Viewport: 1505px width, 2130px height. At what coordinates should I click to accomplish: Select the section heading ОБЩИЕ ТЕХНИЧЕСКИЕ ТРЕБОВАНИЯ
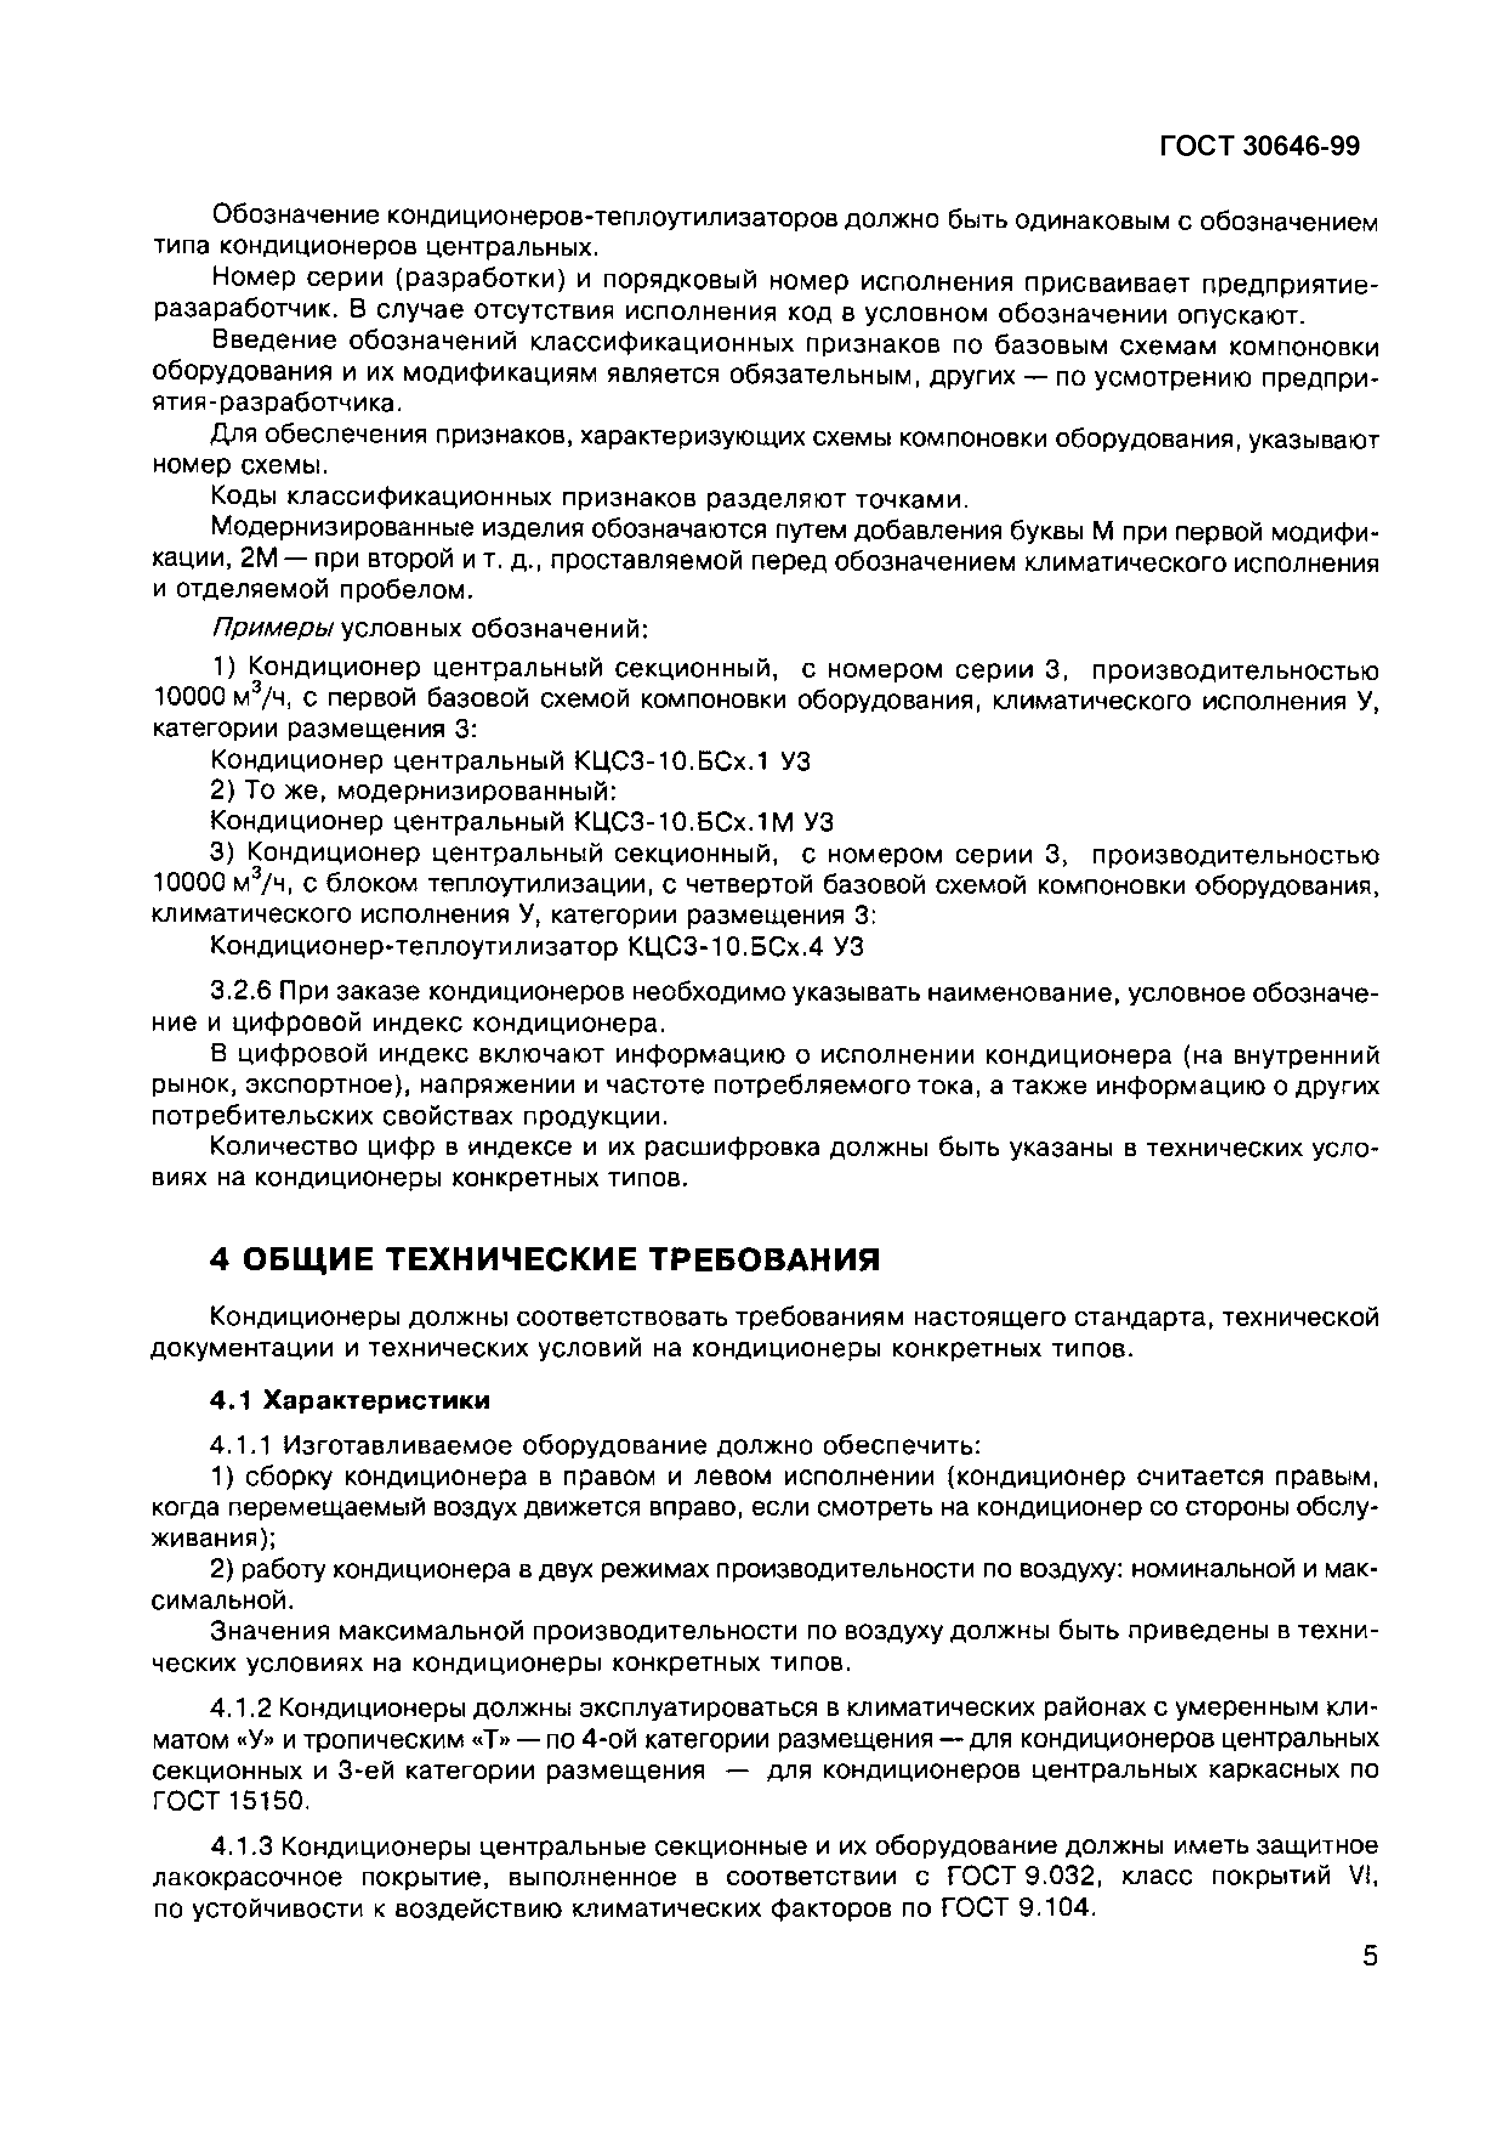(556, 1260)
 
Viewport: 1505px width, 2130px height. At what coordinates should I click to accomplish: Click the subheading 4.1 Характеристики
(350, 1400)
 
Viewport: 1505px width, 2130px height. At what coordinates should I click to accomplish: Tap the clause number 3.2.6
(240, 993)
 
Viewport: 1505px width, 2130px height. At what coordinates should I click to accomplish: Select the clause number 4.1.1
(240, 1445)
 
